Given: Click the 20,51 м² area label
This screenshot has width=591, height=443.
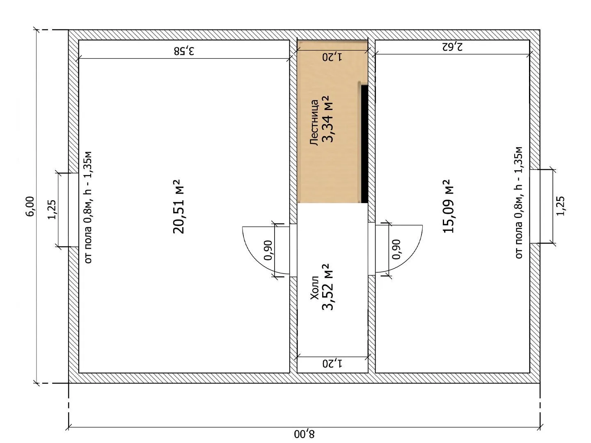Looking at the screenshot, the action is point(178,206).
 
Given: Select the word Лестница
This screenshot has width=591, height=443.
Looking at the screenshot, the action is point(314,123).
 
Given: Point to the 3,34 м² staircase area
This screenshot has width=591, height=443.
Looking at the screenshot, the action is point(328,119).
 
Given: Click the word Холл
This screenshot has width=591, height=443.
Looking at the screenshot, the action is point(314,288).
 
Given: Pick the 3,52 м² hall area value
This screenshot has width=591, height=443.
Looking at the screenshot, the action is point(328,287).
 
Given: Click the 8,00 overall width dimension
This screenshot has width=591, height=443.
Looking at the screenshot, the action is point(304,434).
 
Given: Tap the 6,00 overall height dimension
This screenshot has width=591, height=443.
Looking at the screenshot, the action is point(30,206).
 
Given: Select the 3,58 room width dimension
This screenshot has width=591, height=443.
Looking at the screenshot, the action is point(184,51).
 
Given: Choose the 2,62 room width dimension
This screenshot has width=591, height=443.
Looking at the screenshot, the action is point(452,46).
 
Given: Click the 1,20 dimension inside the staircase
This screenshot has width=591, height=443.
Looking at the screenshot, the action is point(332,57).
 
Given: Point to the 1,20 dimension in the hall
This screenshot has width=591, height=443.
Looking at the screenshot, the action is point(332,364).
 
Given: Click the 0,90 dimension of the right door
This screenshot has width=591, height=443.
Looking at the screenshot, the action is point(396,249).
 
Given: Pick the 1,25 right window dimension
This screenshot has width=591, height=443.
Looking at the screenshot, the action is point(560,206).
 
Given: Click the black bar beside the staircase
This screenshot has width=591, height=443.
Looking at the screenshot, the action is point(364,144).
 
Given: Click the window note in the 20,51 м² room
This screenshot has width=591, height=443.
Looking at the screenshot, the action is point(88,208).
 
